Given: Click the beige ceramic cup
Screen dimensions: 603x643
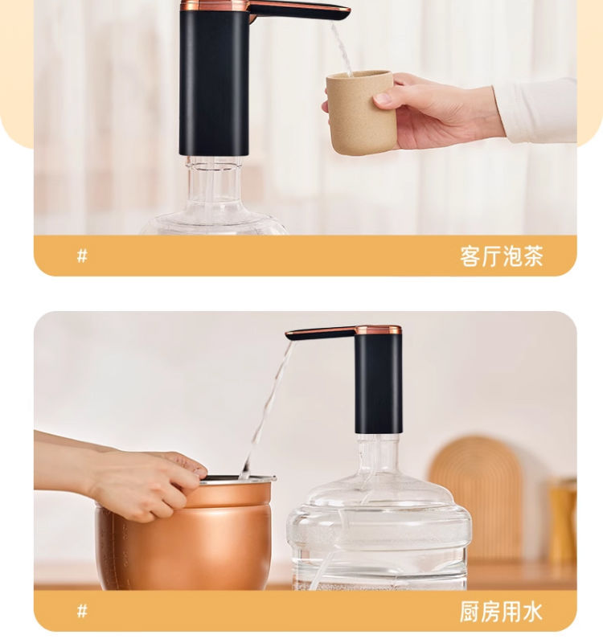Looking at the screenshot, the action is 361,113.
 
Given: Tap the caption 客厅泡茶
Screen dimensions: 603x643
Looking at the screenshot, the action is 501,256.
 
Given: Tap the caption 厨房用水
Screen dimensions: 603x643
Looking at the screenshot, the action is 501,612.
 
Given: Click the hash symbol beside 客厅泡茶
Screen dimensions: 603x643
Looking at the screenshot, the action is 82,256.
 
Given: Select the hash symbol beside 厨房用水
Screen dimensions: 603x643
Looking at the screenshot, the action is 82,612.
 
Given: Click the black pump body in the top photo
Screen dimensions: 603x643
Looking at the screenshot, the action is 214,82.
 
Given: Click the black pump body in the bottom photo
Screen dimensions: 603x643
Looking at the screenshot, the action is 378,383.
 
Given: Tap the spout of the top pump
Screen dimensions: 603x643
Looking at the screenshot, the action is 299,11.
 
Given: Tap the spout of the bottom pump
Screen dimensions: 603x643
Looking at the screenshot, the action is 321,333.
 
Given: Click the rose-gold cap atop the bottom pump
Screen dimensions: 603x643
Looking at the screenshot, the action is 378,330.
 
